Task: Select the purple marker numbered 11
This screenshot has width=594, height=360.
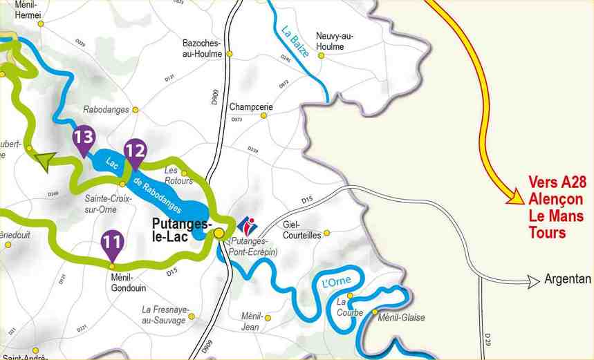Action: (113, 243)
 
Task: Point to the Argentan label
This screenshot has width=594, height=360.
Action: (568, 279)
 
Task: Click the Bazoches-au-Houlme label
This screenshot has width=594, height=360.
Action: (202, 48)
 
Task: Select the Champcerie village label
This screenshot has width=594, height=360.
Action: (251, 107)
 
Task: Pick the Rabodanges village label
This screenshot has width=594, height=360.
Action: (106, 110)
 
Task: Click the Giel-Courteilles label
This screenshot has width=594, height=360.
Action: (302, 230)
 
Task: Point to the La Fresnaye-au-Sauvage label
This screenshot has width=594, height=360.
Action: (165, 314)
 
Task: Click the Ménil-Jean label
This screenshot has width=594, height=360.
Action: (251, 320)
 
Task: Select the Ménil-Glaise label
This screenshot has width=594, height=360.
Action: (402, 318)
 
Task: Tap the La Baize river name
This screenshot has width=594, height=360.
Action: (295, 41)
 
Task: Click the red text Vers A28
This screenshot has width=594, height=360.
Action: (557, 182)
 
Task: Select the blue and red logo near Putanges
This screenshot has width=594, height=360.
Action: (247, 225)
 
